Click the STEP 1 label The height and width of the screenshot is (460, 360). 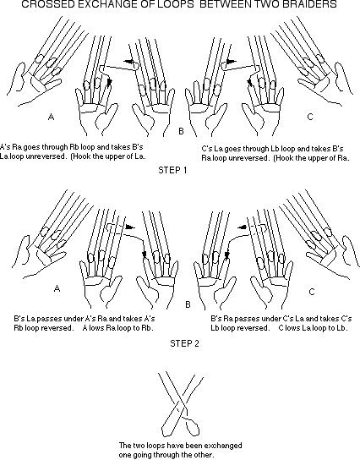click(172, 170)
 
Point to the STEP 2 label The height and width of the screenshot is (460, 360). click(184, 343)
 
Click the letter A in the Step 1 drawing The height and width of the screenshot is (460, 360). click(51, 117)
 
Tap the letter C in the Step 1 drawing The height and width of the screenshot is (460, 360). click(310, 117)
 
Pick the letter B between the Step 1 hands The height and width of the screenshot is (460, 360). click(181, 131)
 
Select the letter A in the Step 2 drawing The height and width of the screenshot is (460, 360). click(57, 288)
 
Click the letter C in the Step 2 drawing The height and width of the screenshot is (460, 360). click(312, 292)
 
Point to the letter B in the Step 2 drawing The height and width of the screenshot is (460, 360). click(188, 304)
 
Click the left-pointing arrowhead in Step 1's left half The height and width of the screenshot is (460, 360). click(128, 62)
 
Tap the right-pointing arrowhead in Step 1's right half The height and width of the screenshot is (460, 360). click(232, 62)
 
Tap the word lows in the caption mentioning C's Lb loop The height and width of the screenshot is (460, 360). click(292, 328)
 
